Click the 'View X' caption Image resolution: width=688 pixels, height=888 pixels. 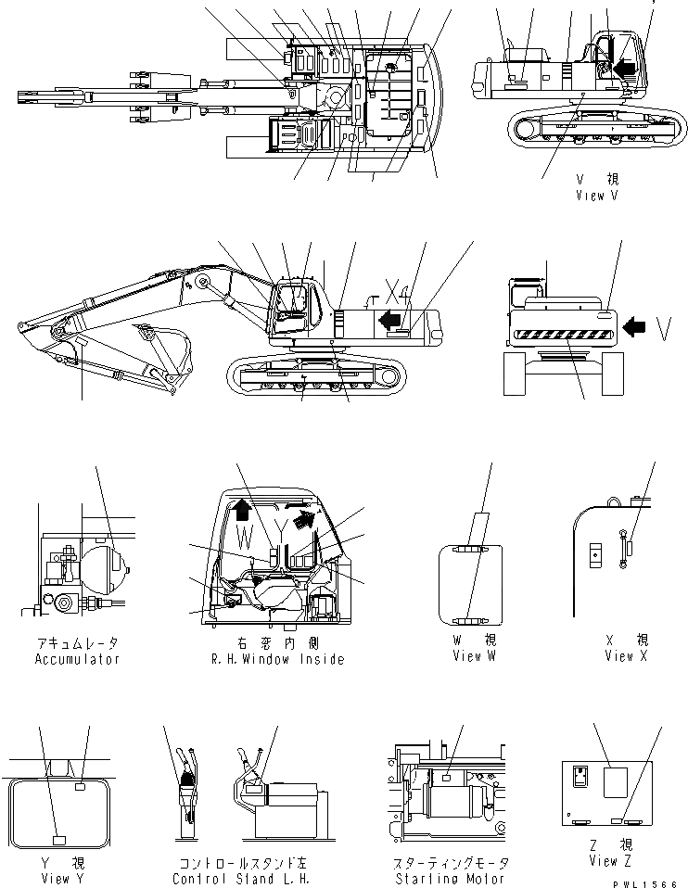[631, 656]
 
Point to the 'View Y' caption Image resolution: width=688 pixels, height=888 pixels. [56, 879]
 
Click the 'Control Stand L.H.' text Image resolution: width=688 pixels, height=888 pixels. [235, 879]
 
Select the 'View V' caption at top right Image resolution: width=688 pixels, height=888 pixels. [596, 196]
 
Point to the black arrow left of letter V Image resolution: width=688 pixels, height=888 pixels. [635, 326]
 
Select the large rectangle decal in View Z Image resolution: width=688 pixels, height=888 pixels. [617, 780]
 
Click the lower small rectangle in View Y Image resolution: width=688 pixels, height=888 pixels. [58, 840]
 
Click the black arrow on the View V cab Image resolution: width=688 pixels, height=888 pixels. [626, 68]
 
